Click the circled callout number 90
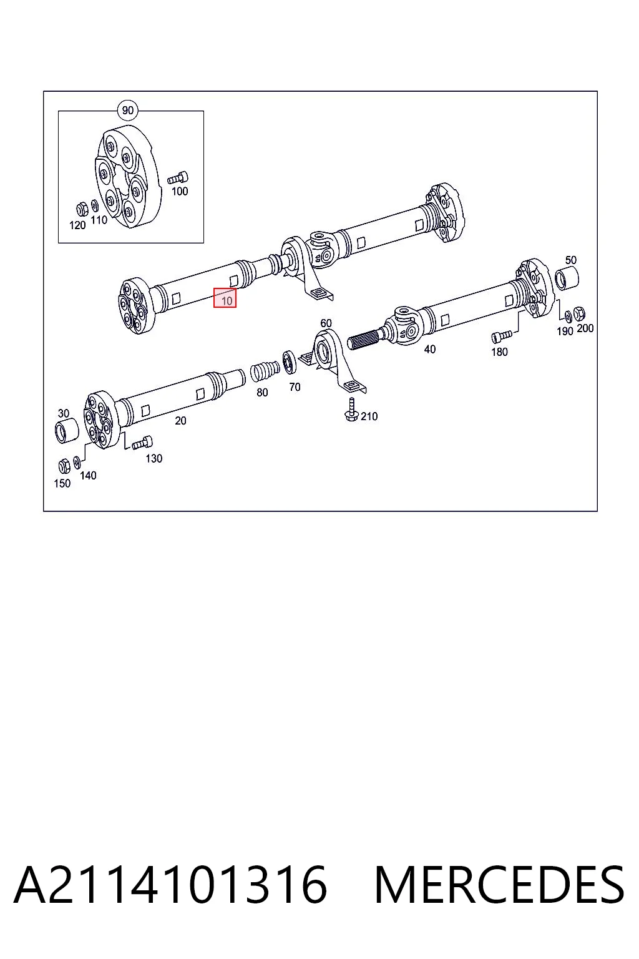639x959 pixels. click(127, 111)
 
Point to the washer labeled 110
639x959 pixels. click(95, 206)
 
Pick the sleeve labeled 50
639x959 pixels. click(567, 277)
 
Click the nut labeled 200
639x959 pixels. click(578, 314)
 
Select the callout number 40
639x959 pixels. click(430, 350)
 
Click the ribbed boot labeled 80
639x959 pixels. click(264, 371)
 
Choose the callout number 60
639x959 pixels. click(326, 323)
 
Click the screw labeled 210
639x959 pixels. click(351, 410)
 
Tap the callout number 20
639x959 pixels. click(180, 421)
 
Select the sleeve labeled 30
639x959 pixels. click(67, 431)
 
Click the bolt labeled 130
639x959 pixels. click(142, 443)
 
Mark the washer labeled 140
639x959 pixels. click(77, 461)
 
